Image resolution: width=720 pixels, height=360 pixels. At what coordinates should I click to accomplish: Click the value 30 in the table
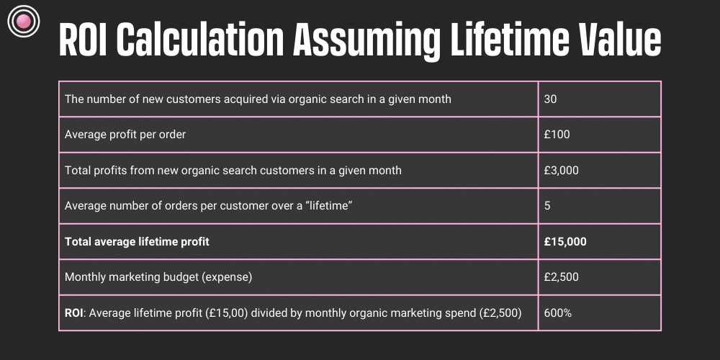(551, 99)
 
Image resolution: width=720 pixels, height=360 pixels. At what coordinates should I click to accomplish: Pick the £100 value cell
(557, 135)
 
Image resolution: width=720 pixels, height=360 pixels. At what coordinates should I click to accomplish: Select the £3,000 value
(562, 171)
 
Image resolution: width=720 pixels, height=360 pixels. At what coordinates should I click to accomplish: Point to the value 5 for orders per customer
(548, 207)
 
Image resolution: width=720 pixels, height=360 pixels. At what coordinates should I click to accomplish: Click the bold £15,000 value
(565, 242)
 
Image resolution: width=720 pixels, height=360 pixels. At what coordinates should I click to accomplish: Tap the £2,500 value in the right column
(562, 277)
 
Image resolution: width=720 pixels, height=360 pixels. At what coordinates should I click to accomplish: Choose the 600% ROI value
(557, 313)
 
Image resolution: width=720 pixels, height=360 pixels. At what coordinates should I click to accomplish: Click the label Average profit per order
(125, 135)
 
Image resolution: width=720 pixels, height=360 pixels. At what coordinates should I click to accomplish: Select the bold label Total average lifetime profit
(137, 242)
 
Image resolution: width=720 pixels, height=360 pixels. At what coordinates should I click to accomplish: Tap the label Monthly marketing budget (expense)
(158, 277)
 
